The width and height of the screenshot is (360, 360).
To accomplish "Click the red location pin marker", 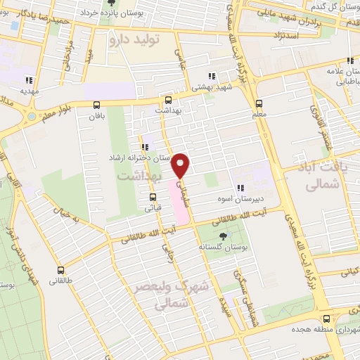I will point(181,165).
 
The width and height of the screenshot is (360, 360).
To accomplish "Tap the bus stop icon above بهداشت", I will point(167,101).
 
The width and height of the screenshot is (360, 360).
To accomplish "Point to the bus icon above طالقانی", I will point(60,269).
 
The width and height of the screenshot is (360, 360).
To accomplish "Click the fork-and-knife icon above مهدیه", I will point(29,80).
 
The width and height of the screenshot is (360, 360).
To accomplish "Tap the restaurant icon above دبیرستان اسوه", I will point(240,188).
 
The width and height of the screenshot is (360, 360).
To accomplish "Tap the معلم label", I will point(259,114).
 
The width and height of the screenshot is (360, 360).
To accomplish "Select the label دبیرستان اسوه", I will point(241,198).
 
